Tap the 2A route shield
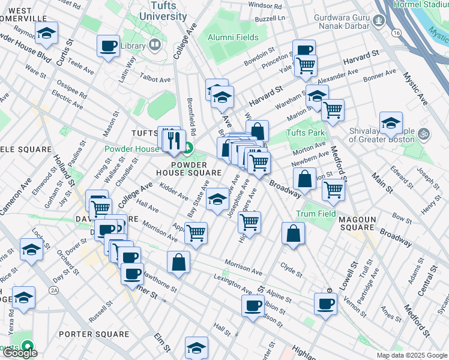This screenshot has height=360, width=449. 55,290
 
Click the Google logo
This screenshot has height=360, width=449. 20,353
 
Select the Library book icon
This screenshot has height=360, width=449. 155,44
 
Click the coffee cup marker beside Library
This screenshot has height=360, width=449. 109,46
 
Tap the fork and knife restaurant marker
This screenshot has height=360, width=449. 174,140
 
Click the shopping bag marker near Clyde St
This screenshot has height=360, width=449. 293,233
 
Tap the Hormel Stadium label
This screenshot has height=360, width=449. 421,4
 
